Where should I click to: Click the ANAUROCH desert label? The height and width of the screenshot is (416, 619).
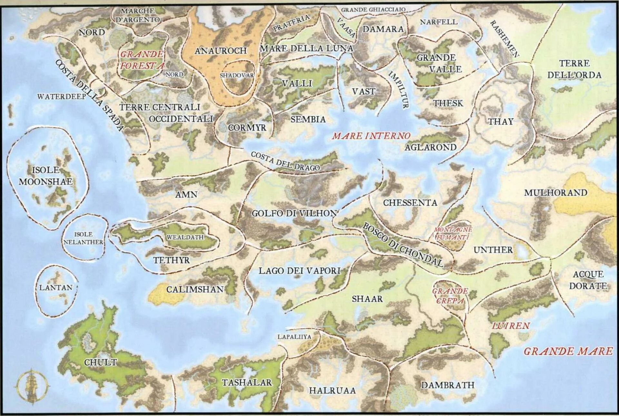tap(221, 51)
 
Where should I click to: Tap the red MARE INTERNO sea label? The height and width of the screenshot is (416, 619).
tap(371, 136)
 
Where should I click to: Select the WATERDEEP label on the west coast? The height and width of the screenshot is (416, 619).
tap(62, 97)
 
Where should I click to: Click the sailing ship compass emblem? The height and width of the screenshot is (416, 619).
tap(32, 386)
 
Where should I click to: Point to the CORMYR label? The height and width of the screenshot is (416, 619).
tap(247, 128)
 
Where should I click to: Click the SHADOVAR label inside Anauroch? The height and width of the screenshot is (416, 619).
tap(237, 75)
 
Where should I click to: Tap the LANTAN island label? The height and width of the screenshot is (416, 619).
tap(56, 287)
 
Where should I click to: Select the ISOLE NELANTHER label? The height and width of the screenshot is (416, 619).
tap(84, 238)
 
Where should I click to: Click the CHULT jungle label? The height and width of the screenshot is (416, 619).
tap(100, 362)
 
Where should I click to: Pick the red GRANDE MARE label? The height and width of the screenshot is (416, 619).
tap(568, 351)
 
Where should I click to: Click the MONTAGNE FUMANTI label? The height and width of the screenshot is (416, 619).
tap(453, 233)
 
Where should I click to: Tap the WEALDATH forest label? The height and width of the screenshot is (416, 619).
tap(185, 237)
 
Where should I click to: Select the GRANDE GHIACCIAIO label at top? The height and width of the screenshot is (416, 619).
tap(373, 10)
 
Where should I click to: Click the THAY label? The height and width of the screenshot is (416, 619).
tap(500, 121)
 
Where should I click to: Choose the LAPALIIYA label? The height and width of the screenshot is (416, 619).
tap(294, 337)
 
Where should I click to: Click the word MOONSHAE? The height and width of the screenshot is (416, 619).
tap(45, 182)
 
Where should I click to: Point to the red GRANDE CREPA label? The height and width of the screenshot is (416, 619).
tap(450, 296)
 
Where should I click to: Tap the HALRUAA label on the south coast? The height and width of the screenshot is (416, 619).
tap(332, 391)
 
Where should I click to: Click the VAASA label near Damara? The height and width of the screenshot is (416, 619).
tap(346, 28)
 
